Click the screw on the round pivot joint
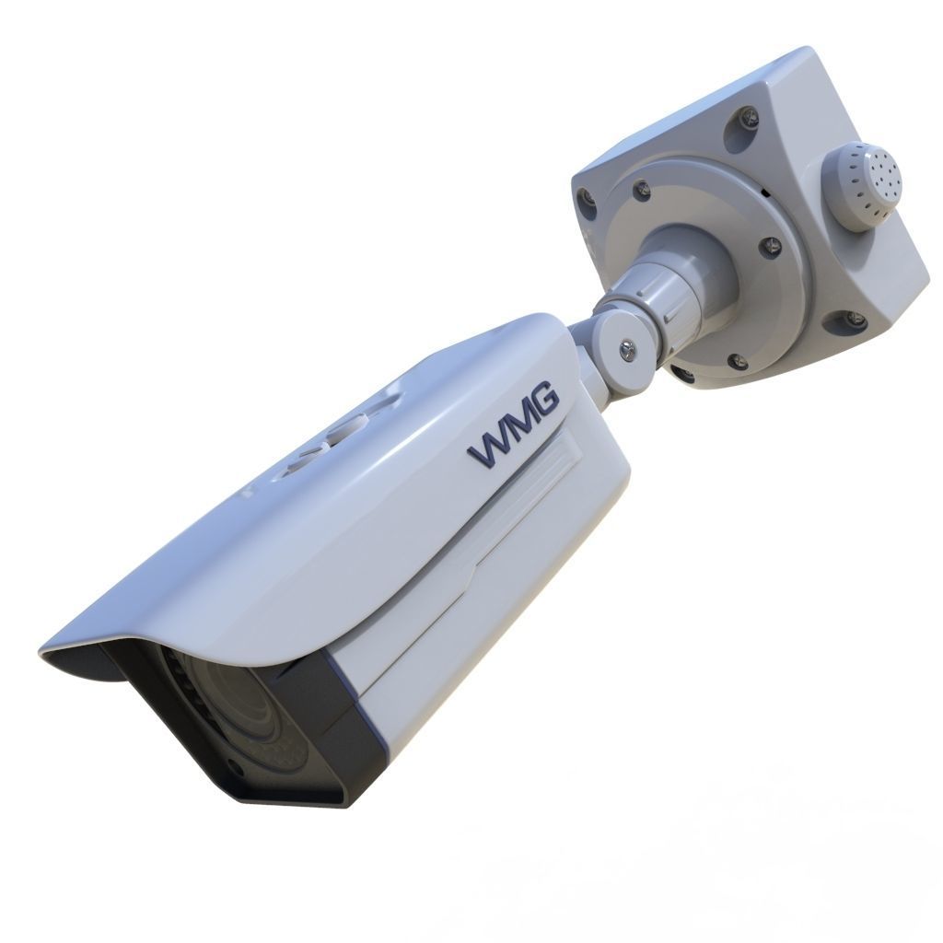pos(626,347)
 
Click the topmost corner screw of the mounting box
pos(749,117)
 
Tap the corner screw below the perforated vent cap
pos(856,319)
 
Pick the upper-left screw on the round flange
pos(642,192)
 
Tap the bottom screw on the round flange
pos(738,360)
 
